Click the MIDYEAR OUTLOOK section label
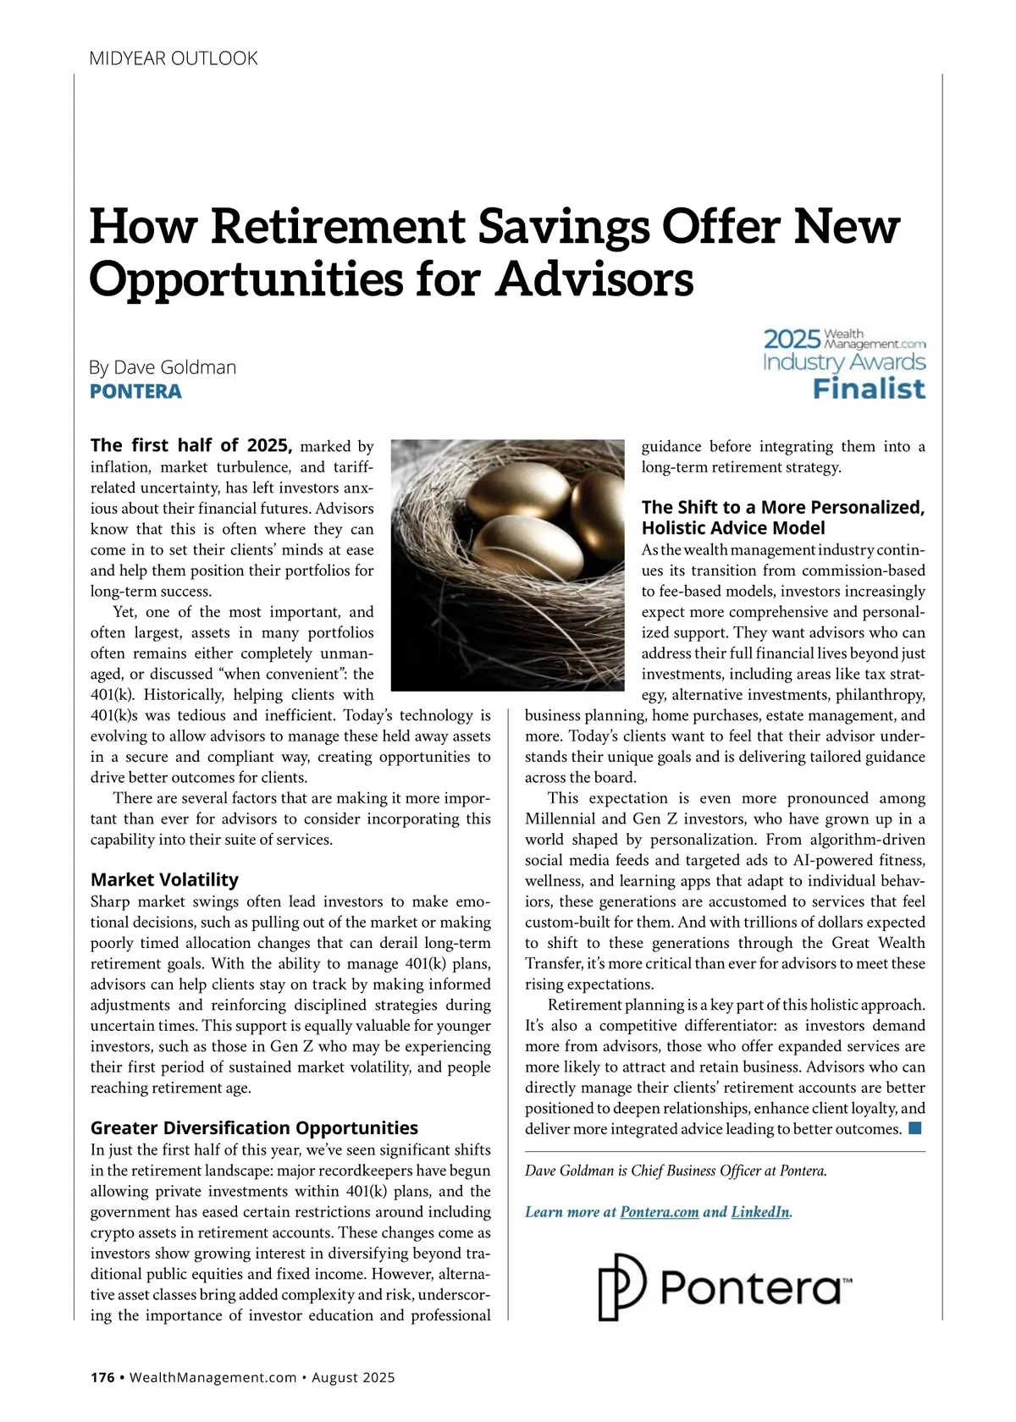pos(174,58)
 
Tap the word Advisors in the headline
pos(594,279)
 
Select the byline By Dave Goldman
pos(163,367)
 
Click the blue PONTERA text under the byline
pos(135,391)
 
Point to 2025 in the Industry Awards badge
pos(792,339)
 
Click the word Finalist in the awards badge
pos(869,389)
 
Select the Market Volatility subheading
pos(164,879)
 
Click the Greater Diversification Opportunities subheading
pos(254,1128)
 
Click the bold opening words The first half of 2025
pos(191,445)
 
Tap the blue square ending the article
pos(914,1128)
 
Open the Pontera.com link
pos(660,1212)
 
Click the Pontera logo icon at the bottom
pos(622,1287)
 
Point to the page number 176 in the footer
pos(102,1377)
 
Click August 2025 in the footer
pos(353,1377)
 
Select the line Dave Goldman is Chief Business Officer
pos(676,1171)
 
